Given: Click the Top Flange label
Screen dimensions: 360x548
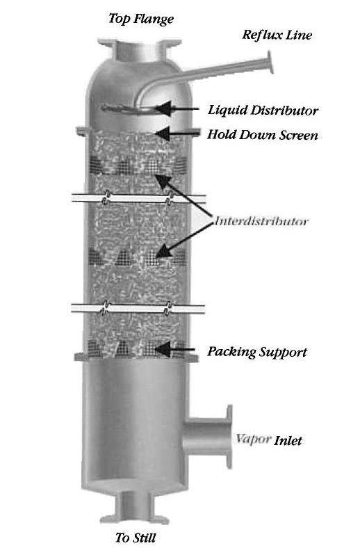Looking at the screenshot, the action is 140,19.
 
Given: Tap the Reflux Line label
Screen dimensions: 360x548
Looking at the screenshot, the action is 277,35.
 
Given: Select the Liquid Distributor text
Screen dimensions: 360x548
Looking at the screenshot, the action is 263,110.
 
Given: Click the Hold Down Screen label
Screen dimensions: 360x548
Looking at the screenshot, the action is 263,134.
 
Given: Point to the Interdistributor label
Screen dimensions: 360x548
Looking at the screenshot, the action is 261,221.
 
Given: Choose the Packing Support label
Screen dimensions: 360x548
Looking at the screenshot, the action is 257,352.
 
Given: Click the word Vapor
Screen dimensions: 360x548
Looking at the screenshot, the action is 253,439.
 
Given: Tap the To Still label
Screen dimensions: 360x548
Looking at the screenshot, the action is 136,537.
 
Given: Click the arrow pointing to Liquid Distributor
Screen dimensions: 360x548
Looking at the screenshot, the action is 177,108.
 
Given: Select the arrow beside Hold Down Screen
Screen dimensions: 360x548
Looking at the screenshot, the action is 177,133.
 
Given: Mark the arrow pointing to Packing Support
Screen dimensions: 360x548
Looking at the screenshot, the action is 175,349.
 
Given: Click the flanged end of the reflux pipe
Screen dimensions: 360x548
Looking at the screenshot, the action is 270,63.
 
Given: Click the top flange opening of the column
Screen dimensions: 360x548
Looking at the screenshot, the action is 140,43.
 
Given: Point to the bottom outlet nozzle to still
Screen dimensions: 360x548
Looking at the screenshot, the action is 134,507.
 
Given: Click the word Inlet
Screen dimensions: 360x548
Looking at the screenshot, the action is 288,440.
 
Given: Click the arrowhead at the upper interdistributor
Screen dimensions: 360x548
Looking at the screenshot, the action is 162,180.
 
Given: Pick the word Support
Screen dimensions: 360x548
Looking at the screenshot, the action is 281,352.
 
